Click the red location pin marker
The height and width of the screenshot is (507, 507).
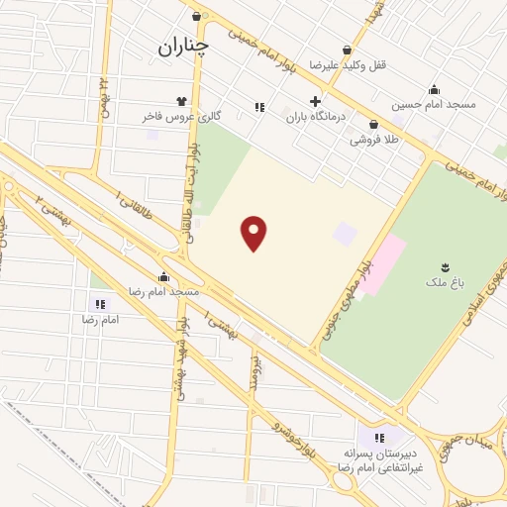254,233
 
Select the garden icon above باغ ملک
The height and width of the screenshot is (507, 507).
446,267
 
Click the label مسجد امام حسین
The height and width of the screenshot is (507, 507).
434,104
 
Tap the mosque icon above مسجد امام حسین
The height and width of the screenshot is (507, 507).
434,89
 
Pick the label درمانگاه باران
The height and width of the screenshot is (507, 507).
319,117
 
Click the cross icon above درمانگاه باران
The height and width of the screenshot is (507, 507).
316,101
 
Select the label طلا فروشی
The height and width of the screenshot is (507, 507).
374,141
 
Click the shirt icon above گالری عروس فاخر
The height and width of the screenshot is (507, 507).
181,101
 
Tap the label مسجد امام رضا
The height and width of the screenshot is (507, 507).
164,292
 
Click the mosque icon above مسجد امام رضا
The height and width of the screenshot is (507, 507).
164,276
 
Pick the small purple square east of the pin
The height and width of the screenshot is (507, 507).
344,235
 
